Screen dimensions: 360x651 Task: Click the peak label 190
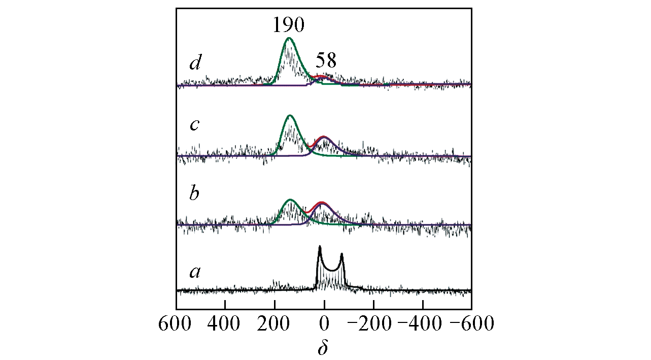pyautogui.click(x=288, y=24)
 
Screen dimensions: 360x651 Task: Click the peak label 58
pyautogui.click(x=326, y=61)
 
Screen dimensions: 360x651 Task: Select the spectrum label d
pyautogui.click(x=194, y=63)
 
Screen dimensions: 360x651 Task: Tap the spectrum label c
pyautogui.click(x=194, y=125)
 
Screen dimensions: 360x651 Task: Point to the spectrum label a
pyautogui.click(x=195, y=273)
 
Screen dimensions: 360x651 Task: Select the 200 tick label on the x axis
pyautogui.click(x=275, y=323)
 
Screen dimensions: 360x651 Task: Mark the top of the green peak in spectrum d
pyautogui.click(x=289, y=38)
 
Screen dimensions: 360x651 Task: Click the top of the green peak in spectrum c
pyautogui.click(x=290, y=116)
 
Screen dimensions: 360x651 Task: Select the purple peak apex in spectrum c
pyautogui.click(x=323, y=137)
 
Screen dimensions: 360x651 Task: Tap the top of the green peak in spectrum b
pyautogui.click(x=290, y=200)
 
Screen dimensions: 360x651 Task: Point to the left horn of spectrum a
pyautogui.click(x=319, y=247)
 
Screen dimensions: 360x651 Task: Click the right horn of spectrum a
pyautogui.click(x=341, y=254)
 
